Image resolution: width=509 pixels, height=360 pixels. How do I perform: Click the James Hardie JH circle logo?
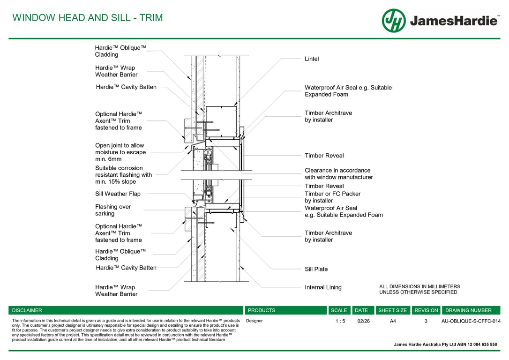click(x=394, y=21)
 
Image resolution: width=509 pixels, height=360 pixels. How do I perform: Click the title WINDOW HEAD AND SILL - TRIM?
click(x=88, y=18)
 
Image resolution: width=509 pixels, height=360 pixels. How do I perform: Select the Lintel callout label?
click(x=312, y=59)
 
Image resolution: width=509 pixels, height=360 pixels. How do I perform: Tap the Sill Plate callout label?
click(x=316, y=269)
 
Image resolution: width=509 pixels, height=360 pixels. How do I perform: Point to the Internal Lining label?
click(x=323, y=287)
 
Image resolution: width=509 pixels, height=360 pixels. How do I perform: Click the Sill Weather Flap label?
click(x=118, y=194)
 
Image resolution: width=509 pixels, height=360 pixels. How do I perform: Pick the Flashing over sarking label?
click(x=113, y=210)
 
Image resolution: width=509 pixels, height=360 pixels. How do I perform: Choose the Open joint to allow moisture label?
click(x=120, y=152)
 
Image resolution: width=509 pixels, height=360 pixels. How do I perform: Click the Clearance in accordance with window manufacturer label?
click(x=339, y=174)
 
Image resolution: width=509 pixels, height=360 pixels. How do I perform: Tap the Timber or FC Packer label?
click(x=333, y=197)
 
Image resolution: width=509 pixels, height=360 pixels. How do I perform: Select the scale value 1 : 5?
click(x=340, y=321)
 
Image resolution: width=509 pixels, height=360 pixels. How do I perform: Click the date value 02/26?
click(x=363, y=321)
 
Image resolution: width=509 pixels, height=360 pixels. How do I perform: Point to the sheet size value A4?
click(x=393, y=321)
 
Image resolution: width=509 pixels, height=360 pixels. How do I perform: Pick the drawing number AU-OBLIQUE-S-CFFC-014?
click(x=471, y=321)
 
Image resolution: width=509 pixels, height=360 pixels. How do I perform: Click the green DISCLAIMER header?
click(x=27, y=310)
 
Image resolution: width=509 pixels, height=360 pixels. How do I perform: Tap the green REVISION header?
click(x=426, y=310)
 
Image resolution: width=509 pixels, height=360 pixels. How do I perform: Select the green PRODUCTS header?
click(x=262, y=310)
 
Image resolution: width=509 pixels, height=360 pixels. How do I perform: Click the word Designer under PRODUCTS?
click(x=254, y=321)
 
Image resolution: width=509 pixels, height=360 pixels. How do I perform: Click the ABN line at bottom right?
click(x=445, y=345)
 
